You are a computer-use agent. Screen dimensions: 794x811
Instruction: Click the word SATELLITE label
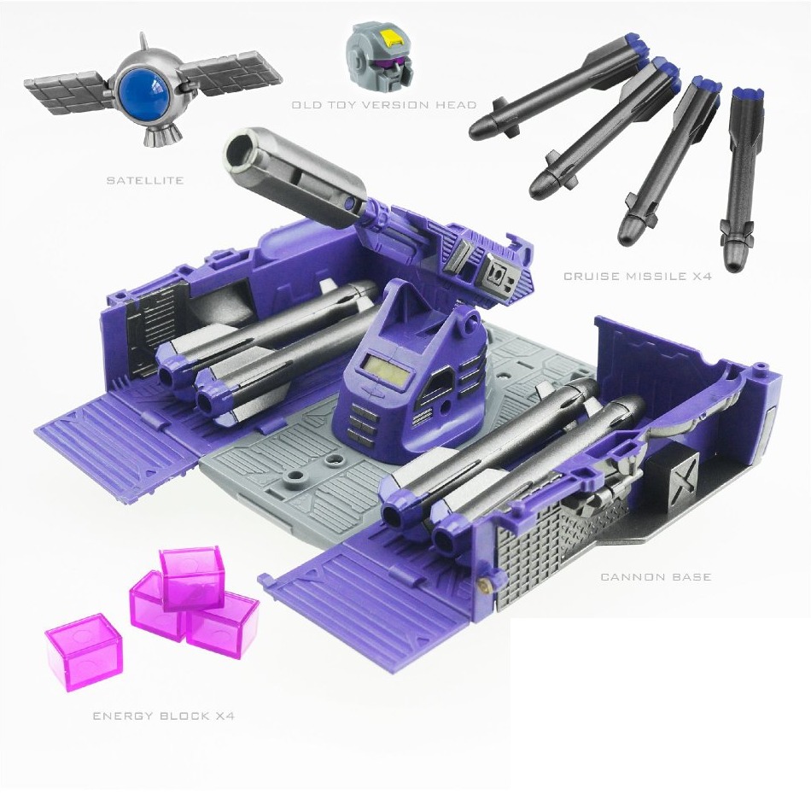click(145, 180)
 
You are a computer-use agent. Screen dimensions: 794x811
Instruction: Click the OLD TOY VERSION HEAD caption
click(383, 105)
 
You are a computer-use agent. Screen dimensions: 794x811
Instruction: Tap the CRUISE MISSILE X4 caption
click(637, 277)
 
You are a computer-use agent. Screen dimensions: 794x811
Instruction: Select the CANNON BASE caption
click(656, 577)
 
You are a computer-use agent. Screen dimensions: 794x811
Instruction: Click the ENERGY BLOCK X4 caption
click(163, 715)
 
